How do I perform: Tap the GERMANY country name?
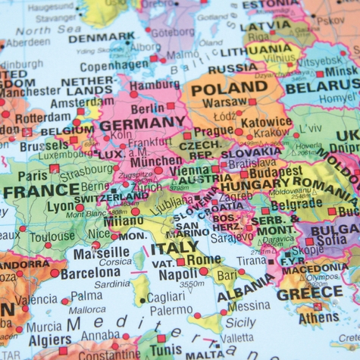142,124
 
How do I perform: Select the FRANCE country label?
41,191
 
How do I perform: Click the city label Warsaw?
225,102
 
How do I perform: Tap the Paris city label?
32,175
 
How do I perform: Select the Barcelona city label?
89,273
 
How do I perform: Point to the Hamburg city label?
155,85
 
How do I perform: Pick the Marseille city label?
102,252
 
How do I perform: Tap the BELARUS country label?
322,88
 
